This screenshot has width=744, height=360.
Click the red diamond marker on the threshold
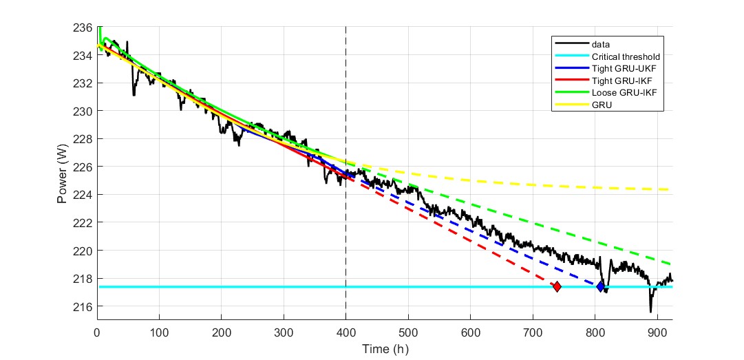tap(557, 286)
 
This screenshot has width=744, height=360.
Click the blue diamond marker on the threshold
tap(601, 286)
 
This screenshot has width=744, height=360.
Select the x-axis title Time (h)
tap(385, 349)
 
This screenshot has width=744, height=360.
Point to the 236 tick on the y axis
tap(83, 28)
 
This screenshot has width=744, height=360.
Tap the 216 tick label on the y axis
tap(83, 306)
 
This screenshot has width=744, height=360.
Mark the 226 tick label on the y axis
tap(83, 167)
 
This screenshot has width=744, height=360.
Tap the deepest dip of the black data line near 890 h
tap(650, 311)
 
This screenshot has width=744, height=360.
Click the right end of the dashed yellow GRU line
tap(671, 189)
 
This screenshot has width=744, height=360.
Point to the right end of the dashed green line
tap(671, 264)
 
